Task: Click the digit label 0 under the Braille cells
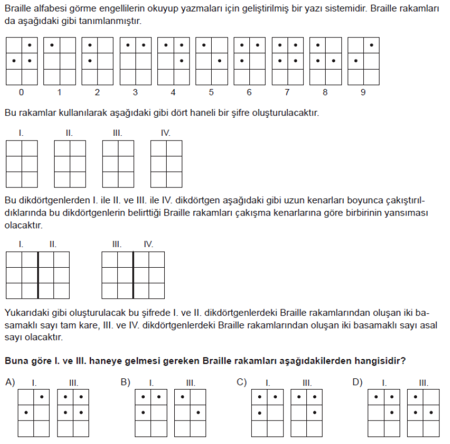pyautogui.click(x=21, y=93)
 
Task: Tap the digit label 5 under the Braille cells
pyautogui.click(x=211, y=93)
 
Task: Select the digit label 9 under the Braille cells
pyautogui.click(x=363, y=93)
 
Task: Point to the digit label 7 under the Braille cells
pyautogui.click(x=287, y=93)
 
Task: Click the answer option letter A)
pyautogui.click(x=10, y=382)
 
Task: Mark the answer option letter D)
pyautogui.click(x=357, y=382)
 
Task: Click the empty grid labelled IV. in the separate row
pyautogui.click(x=166, y=163)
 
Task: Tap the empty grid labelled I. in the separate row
pyautogui.click(x=21, y=163)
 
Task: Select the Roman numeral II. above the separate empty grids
pyautogui.click(x=69, y=133)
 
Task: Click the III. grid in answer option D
pyautogui.click(x=423, y=413)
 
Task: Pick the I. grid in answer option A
pyautogui.click(x=33, y=413)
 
